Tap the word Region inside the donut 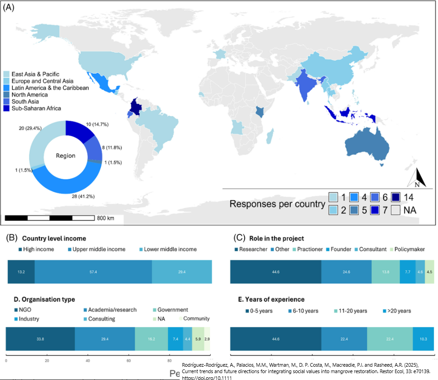coord(65,156)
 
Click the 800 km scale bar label coord(105,218)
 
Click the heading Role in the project coord(276,239)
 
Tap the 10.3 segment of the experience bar coord(423,339)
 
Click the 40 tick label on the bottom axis coord(87,360)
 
